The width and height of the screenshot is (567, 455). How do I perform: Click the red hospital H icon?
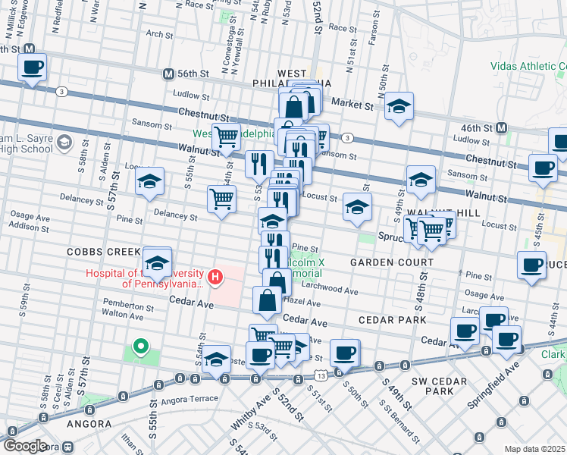215,277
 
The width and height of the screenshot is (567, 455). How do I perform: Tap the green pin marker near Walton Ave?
140,347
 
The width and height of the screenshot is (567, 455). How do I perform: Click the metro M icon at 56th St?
169,74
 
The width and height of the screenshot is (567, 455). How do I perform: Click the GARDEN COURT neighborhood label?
391,262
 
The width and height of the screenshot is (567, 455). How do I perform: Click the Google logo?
24,446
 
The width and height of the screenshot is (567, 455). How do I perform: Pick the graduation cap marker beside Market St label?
399,107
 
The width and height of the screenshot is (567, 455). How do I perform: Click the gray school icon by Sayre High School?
64,142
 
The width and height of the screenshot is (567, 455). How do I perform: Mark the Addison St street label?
30,227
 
